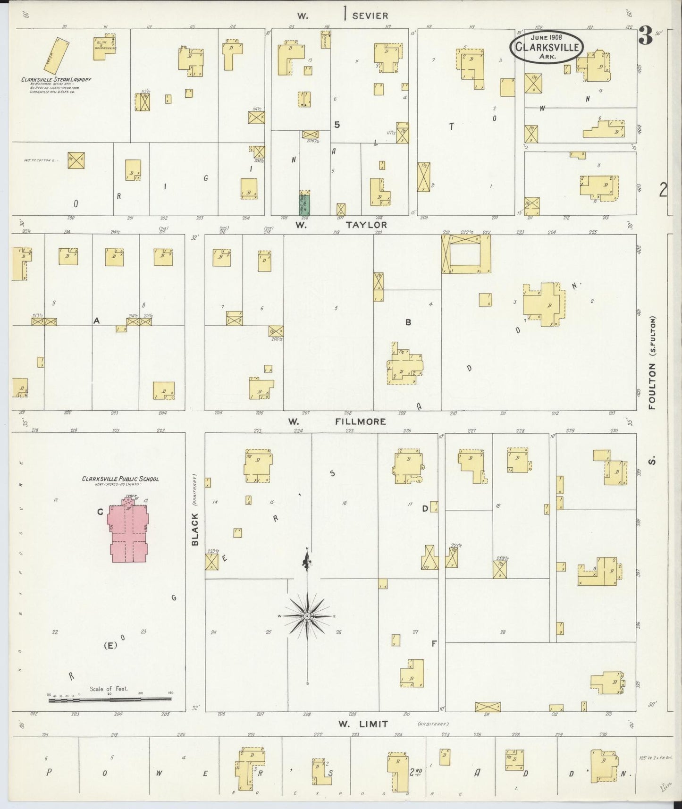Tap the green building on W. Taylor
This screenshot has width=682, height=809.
point(304,203)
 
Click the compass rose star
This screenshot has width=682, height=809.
point(307,616)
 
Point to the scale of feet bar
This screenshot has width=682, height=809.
point(110,699)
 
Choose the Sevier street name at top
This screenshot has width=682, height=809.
point(370,16)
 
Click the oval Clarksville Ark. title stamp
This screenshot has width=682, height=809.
point(546,46)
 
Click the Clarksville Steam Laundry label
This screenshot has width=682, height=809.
point(56,79)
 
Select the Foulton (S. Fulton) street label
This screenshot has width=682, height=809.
point(652,362)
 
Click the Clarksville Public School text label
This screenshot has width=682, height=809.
point(120,479)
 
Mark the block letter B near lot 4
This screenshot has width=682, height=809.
point(408,322)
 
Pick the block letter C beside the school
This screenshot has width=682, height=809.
point(100,512)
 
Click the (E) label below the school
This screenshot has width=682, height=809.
point(110,646)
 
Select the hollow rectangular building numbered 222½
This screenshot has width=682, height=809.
point(466,254)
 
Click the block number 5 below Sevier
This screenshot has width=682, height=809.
point(337,125)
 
